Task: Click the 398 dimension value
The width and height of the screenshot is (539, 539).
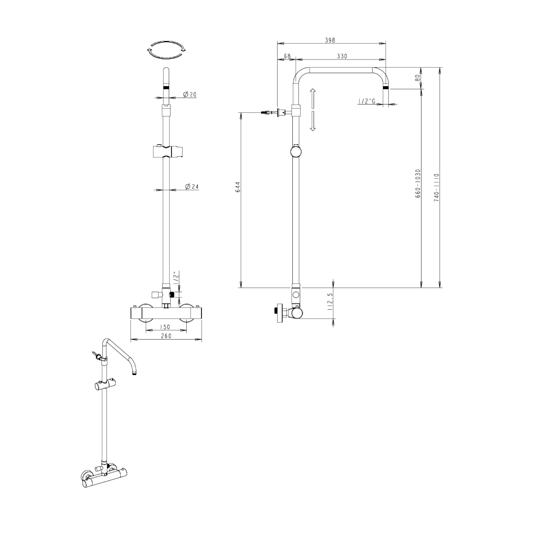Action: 330,40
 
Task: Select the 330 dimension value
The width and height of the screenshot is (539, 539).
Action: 342,56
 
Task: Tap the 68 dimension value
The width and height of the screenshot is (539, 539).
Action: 287,56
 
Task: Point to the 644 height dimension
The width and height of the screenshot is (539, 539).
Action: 238,187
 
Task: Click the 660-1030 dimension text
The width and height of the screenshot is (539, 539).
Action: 418,183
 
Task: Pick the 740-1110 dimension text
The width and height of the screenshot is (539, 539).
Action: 436,188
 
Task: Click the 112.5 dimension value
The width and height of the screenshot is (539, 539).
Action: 330,301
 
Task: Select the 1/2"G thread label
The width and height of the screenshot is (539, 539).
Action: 367,101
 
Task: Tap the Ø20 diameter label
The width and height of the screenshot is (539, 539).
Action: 190,95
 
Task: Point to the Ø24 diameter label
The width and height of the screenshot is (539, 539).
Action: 192,186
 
